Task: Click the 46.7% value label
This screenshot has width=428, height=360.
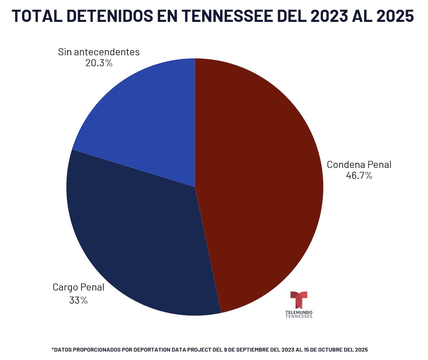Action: [359, 176]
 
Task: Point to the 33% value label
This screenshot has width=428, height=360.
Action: [78, 300]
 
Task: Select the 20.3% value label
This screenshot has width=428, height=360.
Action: [99, 63]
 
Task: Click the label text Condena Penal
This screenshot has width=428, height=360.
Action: [359, 165]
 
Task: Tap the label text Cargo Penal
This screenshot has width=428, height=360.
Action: [78, 287]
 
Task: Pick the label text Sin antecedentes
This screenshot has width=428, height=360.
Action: [99, 52]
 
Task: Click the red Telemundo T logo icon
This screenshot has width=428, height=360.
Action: [299, 300]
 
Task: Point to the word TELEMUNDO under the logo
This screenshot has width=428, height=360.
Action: [299, 312]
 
